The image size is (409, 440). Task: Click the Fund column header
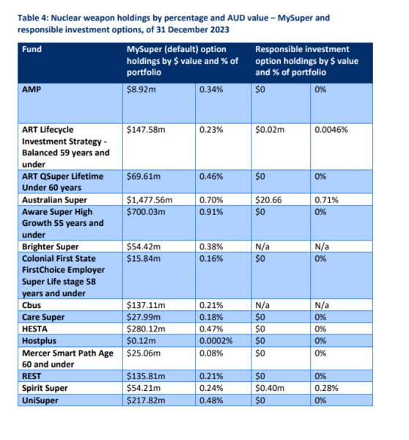32,49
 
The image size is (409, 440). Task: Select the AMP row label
32,89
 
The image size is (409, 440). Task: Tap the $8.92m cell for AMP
141,89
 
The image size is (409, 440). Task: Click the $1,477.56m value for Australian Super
150,199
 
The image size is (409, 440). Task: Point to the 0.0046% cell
331,130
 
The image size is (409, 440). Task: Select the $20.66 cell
268,199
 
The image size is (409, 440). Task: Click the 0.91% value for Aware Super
211,212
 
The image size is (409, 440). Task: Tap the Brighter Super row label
51,246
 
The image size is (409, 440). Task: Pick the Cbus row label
32,305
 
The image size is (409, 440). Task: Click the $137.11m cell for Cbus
146,305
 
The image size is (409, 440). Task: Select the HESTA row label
34,329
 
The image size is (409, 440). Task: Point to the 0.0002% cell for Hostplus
215,341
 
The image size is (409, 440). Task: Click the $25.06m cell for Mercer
144,353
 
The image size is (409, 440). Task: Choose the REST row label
32,376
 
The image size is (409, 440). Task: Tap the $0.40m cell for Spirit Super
270,388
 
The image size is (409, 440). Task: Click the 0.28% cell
326,388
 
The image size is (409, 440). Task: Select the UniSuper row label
40,400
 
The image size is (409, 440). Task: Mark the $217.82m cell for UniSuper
146,400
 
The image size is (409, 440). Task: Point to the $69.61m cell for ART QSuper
144,176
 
